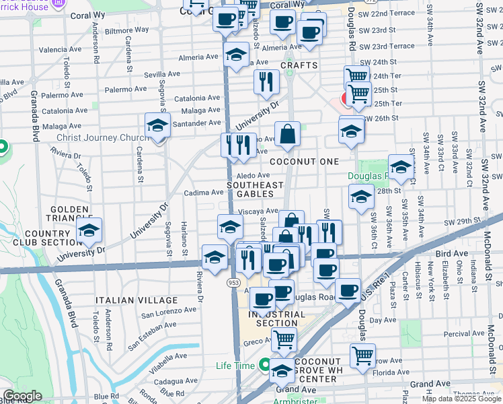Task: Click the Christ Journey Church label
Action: [x=102, y=138]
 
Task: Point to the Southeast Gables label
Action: [x=255, y=190]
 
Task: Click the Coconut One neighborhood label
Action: [x=303, y=162]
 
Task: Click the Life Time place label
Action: [x=235, y=366]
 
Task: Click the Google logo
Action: [x=23, y=396]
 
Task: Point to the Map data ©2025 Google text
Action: [x=461, y=399]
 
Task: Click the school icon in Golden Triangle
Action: [x=88, y=230]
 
